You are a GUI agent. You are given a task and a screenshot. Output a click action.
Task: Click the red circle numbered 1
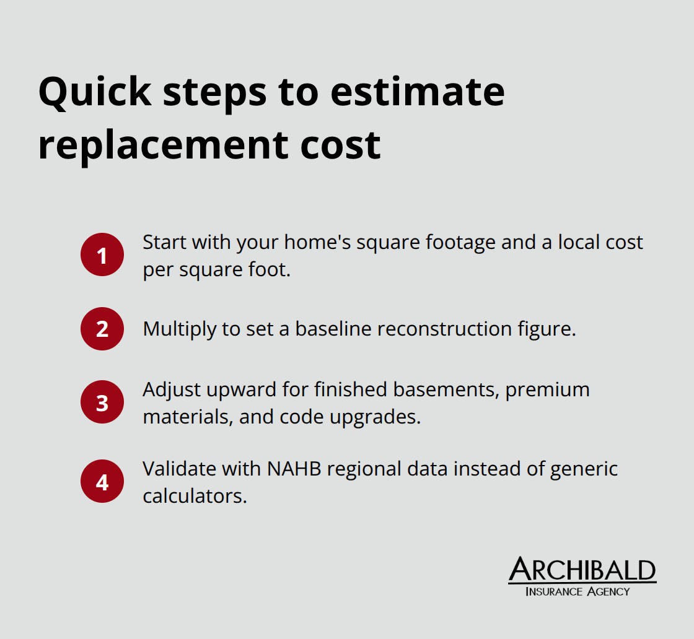click(102, 254)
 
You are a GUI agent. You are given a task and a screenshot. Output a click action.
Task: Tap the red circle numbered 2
click(102, 329)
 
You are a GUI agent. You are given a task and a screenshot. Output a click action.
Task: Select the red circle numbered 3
click(102, 402)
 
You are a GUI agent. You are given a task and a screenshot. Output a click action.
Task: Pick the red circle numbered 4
click(102, 481)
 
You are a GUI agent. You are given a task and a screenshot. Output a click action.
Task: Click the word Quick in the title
click(95, 92)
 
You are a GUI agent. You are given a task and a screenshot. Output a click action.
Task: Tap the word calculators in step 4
click(195, 496)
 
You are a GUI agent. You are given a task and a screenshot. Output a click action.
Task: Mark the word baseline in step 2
click(333, 329)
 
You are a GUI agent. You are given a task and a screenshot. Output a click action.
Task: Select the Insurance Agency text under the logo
click(578, 591)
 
